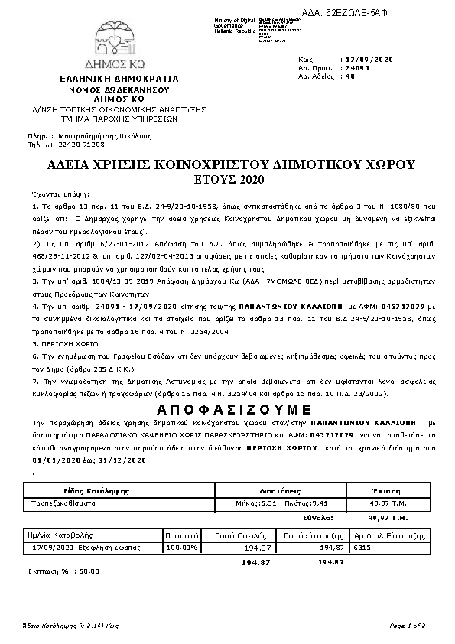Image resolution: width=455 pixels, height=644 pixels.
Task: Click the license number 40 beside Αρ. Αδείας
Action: click(350, 76)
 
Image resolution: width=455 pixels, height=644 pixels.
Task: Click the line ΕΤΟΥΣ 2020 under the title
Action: click(229, 180)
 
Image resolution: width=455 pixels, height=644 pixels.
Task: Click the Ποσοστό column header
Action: click(183, 535)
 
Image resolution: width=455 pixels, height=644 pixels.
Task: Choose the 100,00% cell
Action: click(182, 548)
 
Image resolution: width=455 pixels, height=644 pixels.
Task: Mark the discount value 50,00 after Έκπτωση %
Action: click(89, 571)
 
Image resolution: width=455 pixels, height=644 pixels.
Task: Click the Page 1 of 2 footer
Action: click(407, 625)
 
